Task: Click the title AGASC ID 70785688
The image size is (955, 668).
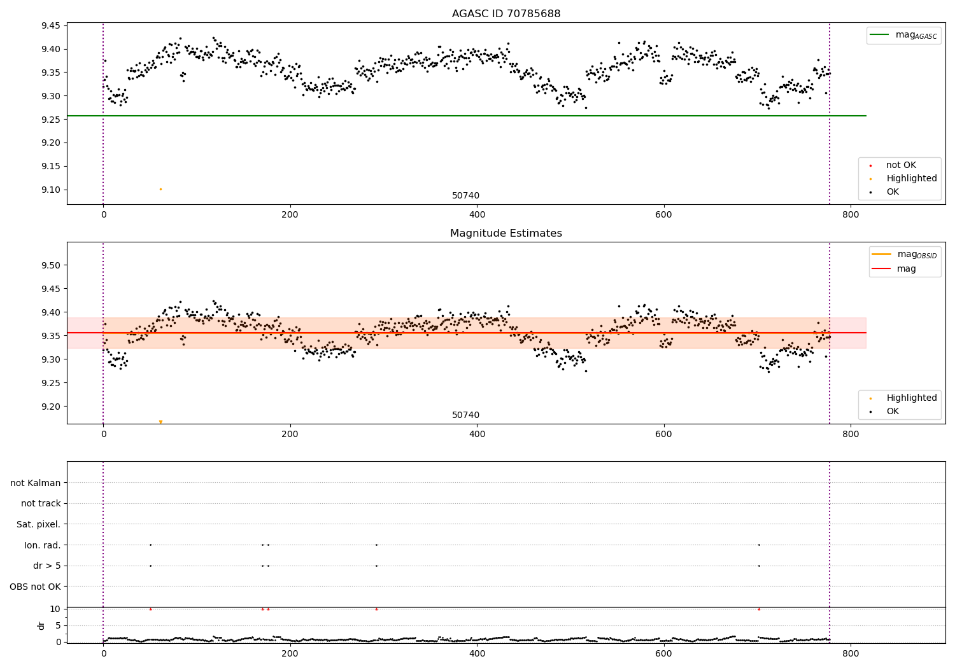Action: [506, 14]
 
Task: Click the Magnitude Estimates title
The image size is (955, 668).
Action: [506, 233]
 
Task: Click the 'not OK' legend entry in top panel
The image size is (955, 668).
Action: [901, 165]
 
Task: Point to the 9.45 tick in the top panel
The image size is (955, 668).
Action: [50, 26]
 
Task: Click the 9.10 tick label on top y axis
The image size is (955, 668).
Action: [50, 190]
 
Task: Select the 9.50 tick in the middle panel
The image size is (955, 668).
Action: [50, 265]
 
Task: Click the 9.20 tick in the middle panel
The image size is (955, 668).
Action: [50, 407]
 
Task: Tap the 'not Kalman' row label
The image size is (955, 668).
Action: [36, 483]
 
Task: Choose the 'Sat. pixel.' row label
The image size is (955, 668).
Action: [39, 524]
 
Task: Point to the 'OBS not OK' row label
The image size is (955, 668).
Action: [36, 587]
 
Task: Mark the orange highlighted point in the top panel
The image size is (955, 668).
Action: [160, 189]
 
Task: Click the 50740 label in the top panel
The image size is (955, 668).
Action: [465, 196]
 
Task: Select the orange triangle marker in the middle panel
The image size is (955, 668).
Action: [160, 422]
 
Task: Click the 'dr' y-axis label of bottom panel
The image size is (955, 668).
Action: [41, 625]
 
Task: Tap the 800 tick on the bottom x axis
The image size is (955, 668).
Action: [851, 653]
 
